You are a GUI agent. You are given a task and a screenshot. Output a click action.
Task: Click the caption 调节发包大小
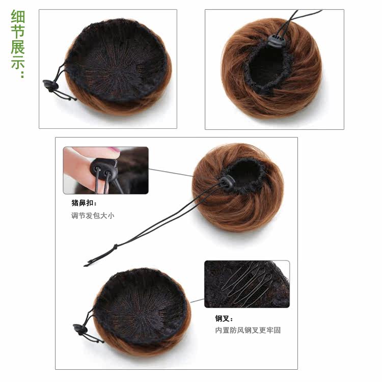click(x=93, y=215)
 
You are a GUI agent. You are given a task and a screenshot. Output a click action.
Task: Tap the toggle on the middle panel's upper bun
click(x=227, y=182)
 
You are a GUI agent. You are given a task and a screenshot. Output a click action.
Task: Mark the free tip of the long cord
click(x=86, y=265)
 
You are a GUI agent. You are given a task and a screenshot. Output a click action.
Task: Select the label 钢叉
click(x=224, y=318)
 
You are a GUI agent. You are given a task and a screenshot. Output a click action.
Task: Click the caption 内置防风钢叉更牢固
click(x=248, y=330)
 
